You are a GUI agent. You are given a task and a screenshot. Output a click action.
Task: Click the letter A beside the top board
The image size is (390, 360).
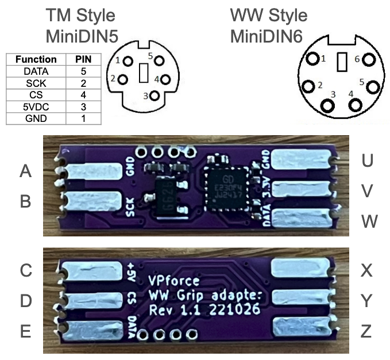[25, 171]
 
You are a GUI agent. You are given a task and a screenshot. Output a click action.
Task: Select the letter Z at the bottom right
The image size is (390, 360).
[366, 331]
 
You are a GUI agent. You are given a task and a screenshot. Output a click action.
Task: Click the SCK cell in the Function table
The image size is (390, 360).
[36, 83]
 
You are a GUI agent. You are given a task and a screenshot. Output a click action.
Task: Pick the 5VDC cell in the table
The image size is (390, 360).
[36, 106]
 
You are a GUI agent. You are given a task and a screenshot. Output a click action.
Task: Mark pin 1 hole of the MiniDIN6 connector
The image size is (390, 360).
[313, 60]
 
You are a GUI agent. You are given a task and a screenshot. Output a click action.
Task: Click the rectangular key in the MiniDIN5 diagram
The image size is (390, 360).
[144, 72]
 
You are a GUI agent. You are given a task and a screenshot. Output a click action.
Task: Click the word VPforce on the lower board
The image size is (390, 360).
[173, 281]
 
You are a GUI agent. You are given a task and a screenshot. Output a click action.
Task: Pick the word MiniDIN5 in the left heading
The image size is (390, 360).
[82, 36]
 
